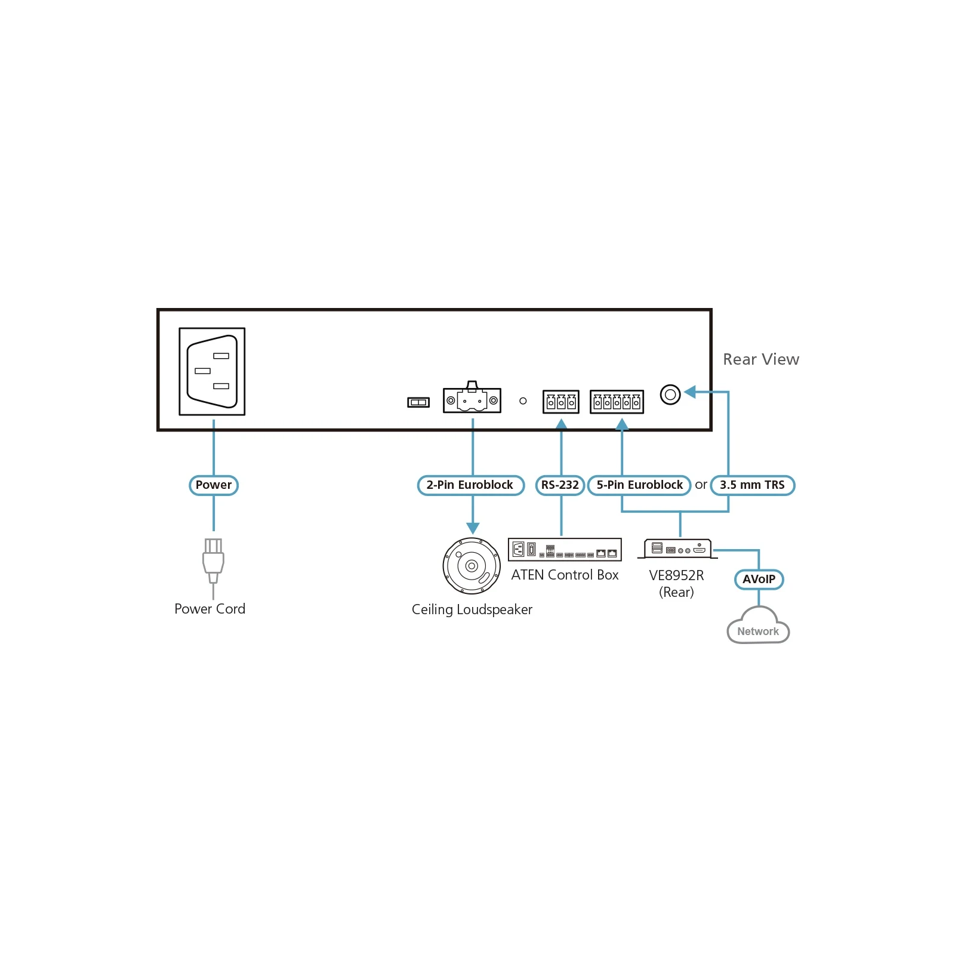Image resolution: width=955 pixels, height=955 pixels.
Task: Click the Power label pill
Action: click(214, 485)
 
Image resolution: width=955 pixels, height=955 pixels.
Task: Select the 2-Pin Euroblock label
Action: click(470, 485)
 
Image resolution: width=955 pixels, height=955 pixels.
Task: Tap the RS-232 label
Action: click(560, 485)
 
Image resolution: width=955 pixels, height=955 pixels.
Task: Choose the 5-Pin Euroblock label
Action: click(639, 485)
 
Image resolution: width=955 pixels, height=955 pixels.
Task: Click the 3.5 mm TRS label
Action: click(752, 485)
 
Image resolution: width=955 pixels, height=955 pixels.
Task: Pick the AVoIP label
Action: click(759, 579)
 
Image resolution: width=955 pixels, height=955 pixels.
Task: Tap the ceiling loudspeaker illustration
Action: click(472, 566)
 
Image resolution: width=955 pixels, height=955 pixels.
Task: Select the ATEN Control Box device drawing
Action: click(565, 549)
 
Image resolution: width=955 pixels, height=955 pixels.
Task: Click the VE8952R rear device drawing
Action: click(677, 549)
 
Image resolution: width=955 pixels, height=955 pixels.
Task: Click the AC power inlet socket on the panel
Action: click(212, 371)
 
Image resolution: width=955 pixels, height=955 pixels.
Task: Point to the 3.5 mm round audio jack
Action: click(670, 395)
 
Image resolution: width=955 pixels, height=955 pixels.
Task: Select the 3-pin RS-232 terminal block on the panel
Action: click(560, 402)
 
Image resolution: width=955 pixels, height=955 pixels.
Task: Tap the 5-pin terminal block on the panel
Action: click(617, 402)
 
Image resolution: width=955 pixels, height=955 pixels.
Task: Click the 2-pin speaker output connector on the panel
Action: click(472, 398)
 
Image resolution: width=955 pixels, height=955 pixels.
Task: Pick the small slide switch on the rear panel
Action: click(418, 402)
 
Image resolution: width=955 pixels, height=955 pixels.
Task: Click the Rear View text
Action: click(761, 359)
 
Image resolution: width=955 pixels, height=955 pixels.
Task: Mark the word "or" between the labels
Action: click(701, 485)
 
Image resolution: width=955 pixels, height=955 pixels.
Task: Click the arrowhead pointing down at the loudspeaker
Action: click(473, 529)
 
